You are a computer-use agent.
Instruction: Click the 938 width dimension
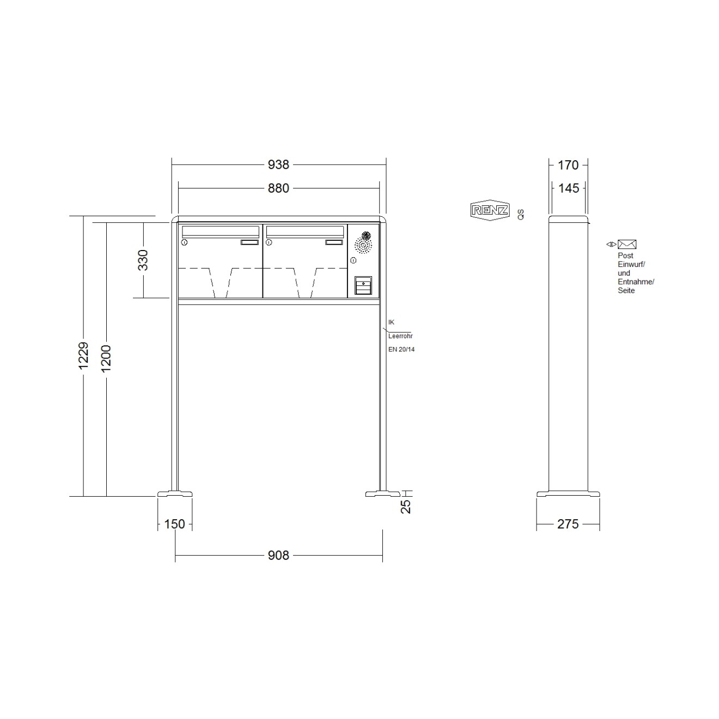(278, 164)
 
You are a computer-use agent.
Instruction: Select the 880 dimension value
(278, 188)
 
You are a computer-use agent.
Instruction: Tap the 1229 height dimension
(83, 356)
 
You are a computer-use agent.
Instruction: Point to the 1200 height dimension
(106, 358)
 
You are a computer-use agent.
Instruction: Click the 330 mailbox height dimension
(143, 260)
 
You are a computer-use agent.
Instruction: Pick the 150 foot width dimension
(174, 524)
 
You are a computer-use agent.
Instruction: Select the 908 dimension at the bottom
(278, 556)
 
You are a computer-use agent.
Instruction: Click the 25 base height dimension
(406, 507)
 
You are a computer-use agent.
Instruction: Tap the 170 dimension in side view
(568, 164)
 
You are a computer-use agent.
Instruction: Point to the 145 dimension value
(569, 188)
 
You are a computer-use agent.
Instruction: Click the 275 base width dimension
(568, 524)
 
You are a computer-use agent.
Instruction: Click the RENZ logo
(490, 210)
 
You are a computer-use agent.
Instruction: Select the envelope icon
(627, 245)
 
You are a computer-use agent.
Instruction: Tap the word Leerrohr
(400, 336)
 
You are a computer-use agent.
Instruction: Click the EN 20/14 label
(401, 350)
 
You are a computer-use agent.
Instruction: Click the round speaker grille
(363, 242)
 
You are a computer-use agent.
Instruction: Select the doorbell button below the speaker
(363, 285)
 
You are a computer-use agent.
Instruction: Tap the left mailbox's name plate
(249, 242)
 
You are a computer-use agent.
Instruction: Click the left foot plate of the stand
(175, 494)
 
